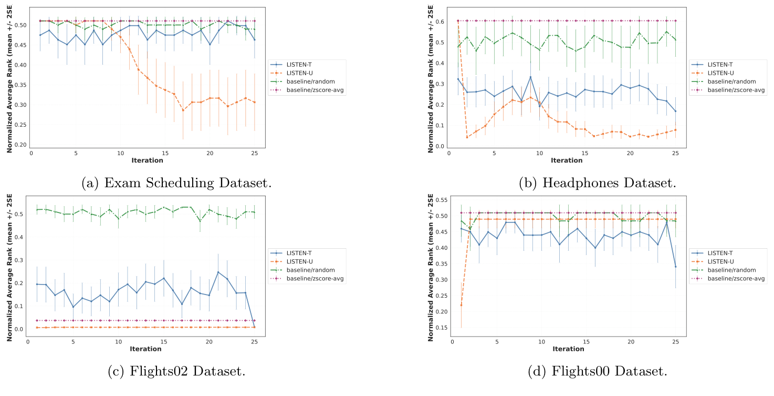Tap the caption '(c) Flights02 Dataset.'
click(176, 371)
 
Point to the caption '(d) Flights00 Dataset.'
click(597, 371)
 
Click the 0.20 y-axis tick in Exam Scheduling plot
click(20, 145)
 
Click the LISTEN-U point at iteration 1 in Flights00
click(461, 305)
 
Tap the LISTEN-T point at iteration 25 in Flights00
click(675, 267)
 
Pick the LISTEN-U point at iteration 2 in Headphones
click(467, 137)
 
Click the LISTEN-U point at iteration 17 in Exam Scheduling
click(183, 110)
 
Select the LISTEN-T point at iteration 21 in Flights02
click(218, 272)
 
